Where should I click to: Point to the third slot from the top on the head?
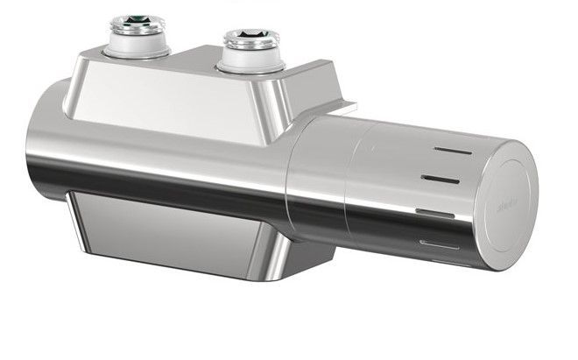(435, 212)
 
